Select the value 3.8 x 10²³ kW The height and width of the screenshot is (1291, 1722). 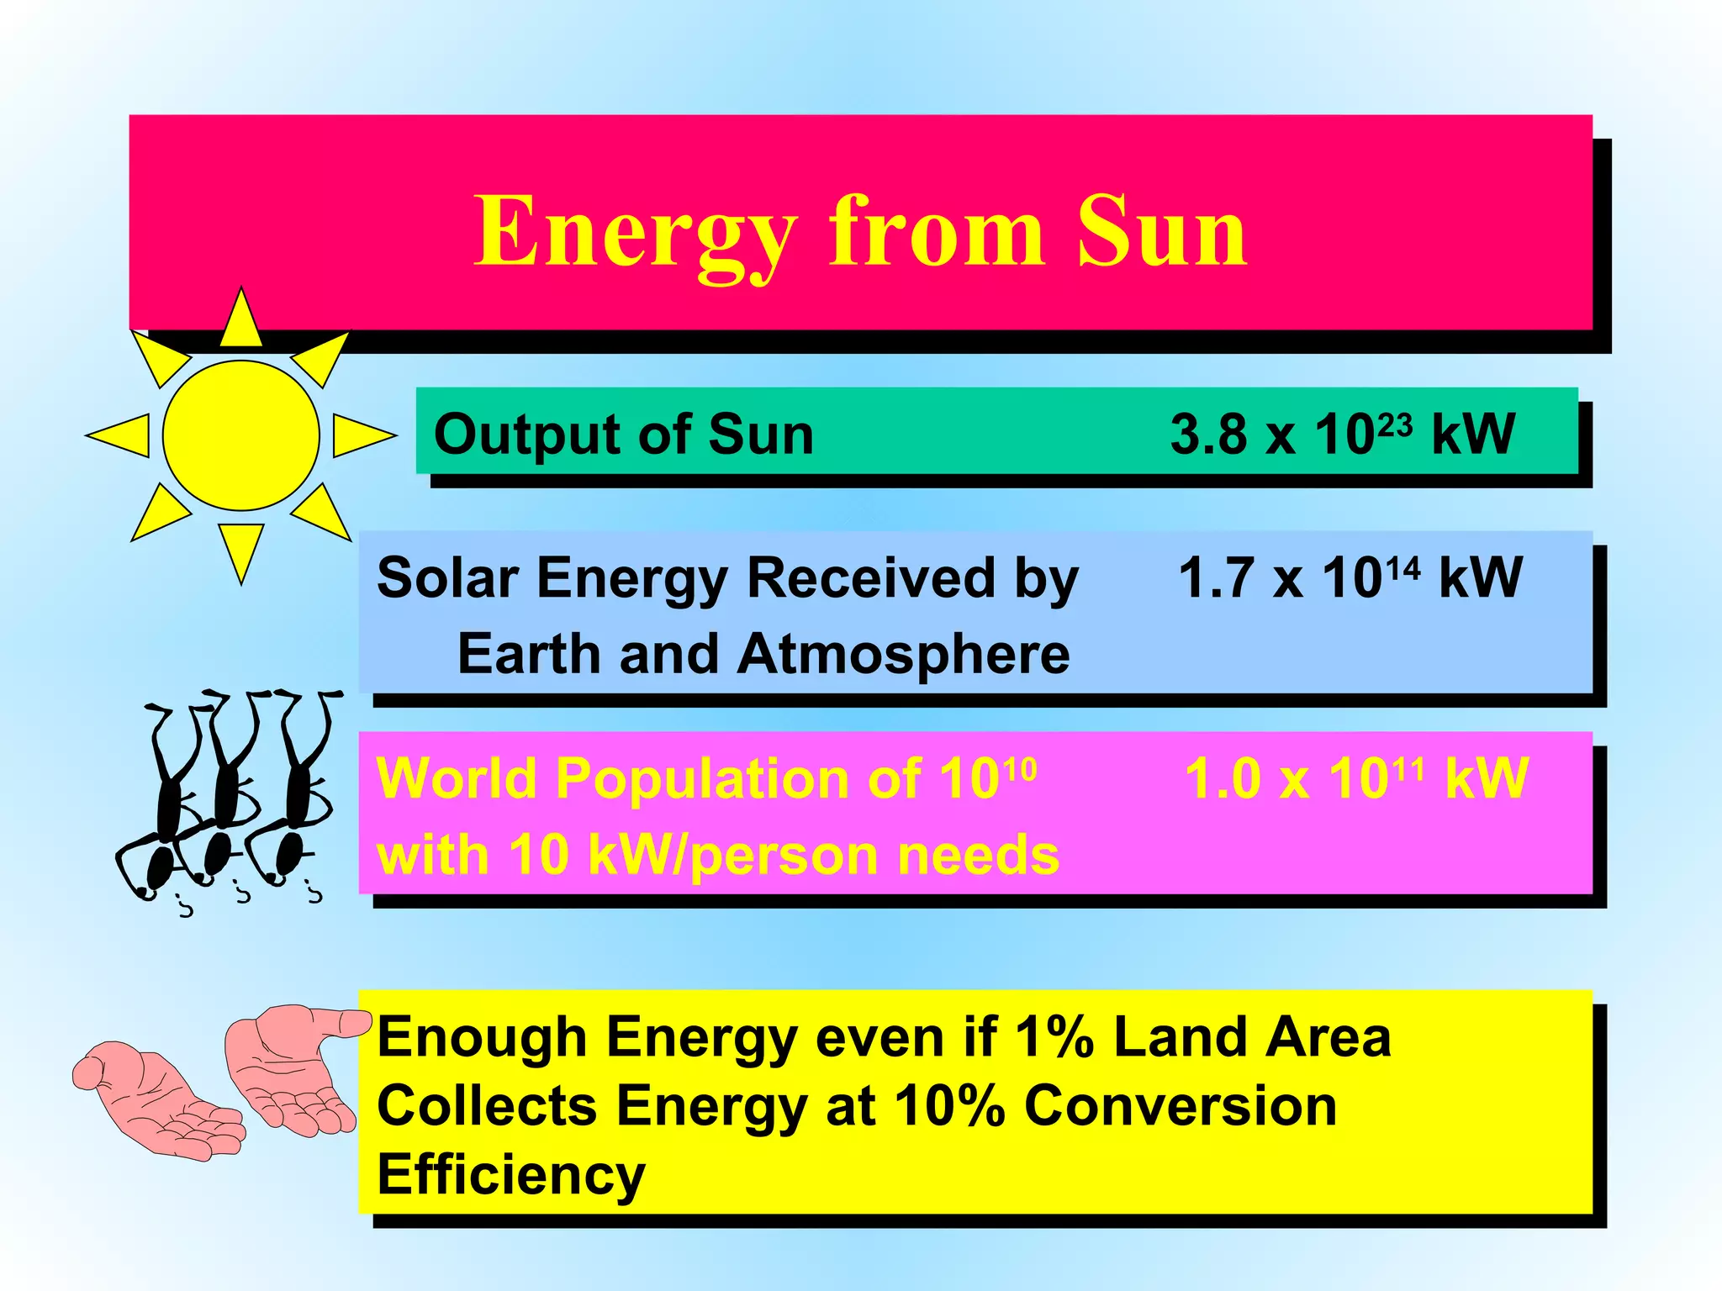click(1342, 435)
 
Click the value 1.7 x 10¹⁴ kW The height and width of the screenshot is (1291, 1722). click(1350, 578)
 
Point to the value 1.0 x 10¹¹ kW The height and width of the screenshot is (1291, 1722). click(1355, 778)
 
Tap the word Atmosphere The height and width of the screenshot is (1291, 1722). click(903, 654)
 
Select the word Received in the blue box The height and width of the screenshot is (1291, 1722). click(870, 578)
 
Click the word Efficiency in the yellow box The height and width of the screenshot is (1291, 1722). click(511, 1174)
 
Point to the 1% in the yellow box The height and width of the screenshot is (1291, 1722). click(1054, 1037)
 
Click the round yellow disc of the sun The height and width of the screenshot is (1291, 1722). click(241, 435)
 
